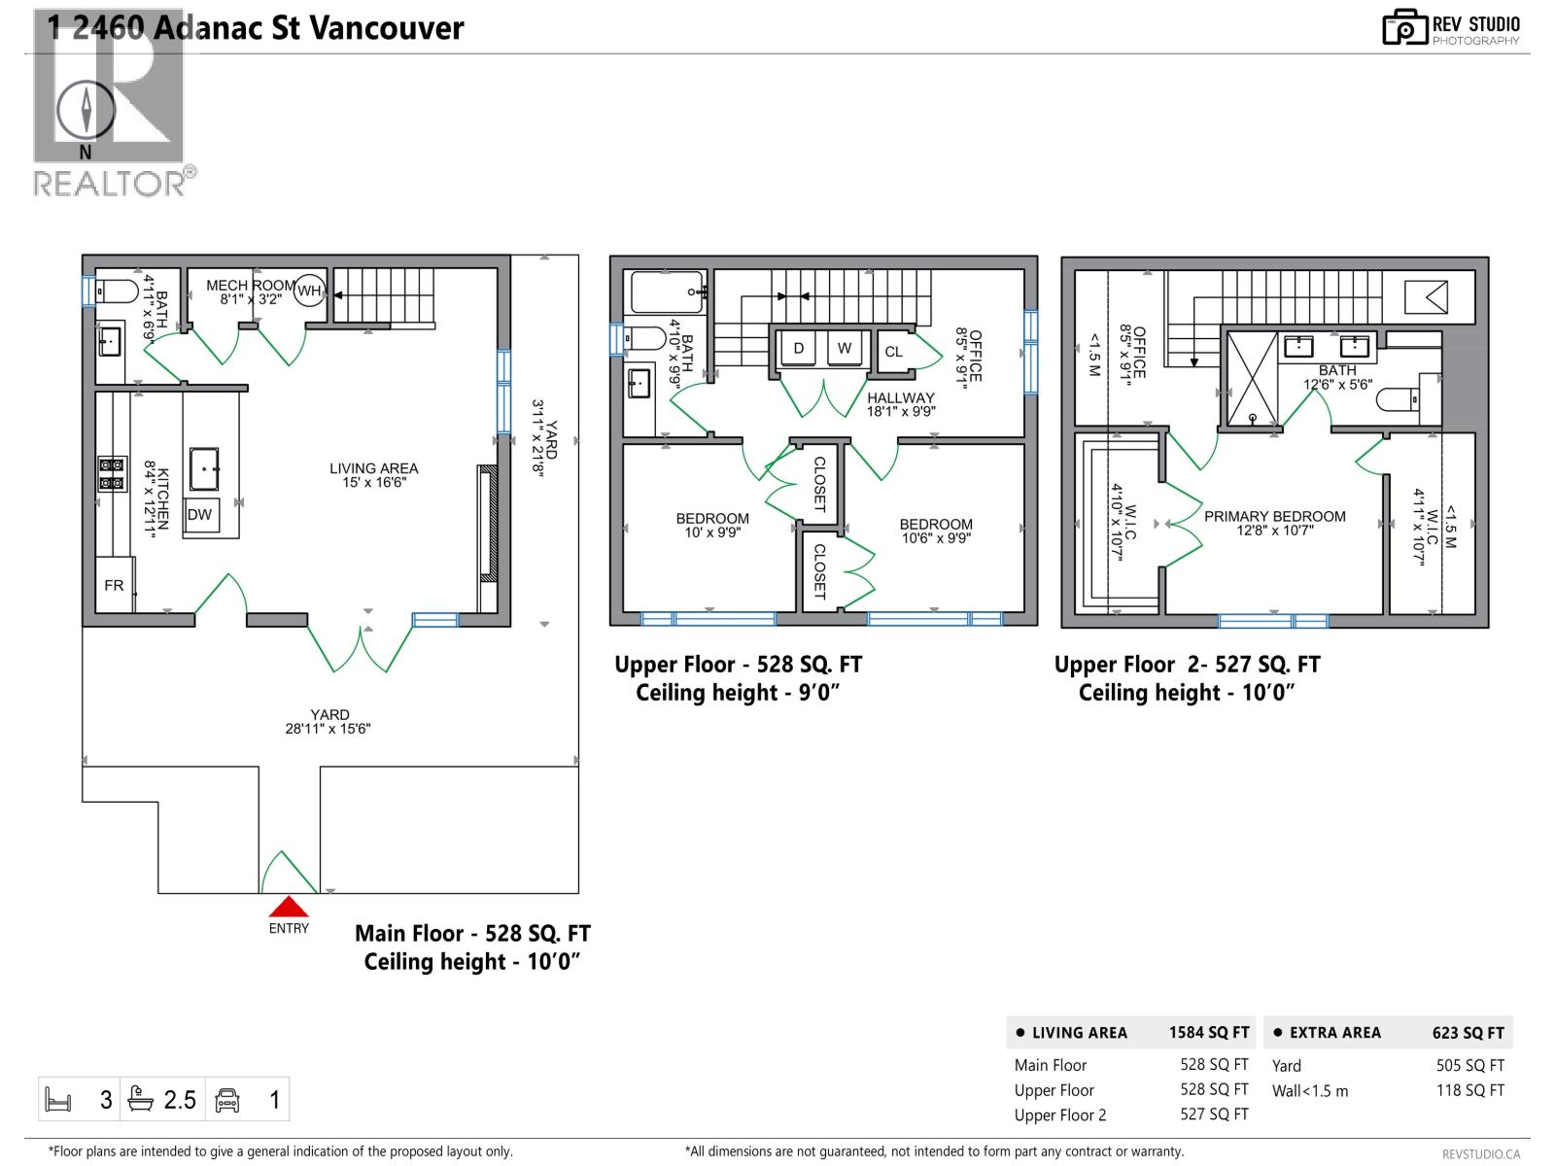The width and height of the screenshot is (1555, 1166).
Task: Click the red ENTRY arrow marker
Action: [x=289, y=908]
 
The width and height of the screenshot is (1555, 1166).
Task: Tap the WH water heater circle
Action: [x=309, y=291]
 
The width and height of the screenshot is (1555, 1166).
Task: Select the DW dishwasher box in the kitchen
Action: [x=199, y=515]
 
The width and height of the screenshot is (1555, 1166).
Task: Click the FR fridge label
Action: [x=114, y=585]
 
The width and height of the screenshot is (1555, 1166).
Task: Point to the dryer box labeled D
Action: [x=799, y=348]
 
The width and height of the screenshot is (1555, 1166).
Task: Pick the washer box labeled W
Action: [x=845, y=348]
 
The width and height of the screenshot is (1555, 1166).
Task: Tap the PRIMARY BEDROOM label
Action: [x=1274, y=516]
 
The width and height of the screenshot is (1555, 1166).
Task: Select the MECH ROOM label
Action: [x=250, y=286]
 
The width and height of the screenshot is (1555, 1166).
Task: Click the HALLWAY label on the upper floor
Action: [x=900, y=397]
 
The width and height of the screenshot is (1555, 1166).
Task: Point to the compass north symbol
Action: [x=86, y=110]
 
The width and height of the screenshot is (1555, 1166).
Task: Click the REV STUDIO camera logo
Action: [x=1404, y=28]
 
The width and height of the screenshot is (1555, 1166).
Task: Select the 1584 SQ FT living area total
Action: [x=1208, y=1033]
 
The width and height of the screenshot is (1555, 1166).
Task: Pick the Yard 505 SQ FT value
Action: [x=1469, y=1065]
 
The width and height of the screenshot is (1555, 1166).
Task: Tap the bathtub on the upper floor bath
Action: [x=667, y=291]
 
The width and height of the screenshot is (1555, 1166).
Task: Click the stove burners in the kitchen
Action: [x=112, y=473]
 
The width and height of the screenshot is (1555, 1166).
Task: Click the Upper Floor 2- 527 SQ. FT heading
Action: [x=1187, y=665]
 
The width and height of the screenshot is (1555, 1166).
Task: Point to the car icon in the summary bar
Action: [x=227, y=1100]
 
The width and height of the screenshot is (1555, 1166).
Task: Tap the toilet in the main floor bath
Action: [x=117, y=291]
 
